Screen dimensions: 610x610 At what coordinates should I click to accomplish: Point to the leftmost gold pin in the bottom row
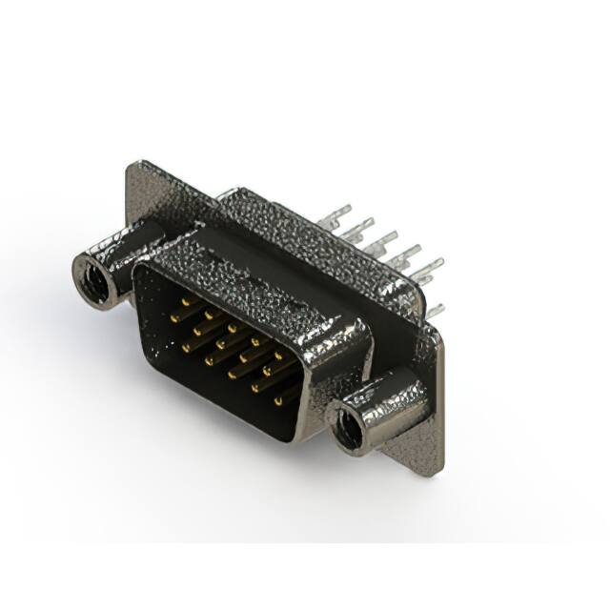[184, 346]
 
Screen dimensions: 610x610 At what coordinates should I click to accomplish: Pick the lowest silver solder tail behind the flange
[435, 309]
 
